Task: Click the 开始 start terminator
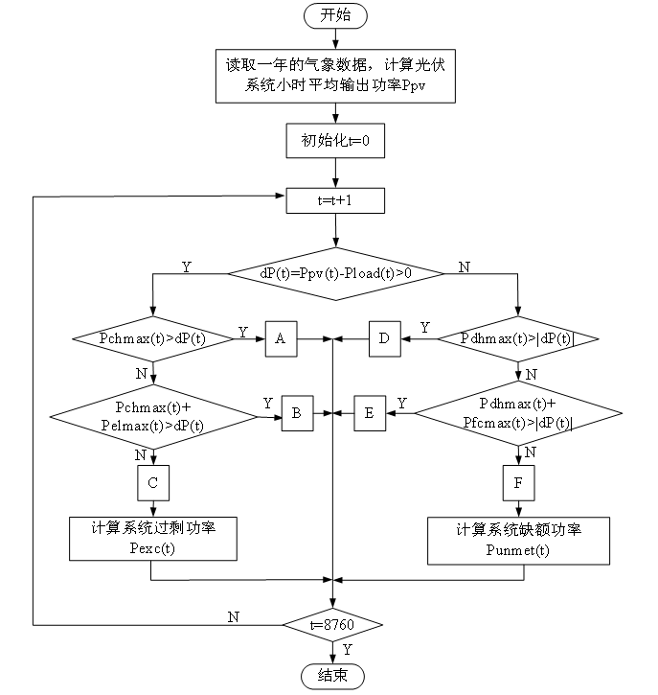pos(334,16)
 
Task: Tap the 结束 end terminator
pos(334,676)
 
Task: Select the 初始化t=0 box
pos(334,143)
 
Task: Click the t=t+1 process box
pos(334,200)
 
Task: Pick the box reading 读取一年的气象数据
pos(334,77)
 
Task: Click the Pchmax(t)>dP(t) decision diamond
pos(152,338)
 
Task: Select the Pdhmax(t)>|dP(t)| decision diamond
pos(517,338)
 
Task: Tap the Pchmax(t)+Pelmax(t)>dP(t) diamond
pos(152,414)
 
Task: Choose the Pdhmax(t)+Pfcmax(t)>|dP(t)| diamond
pos(517,414)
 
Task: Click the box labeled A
pos(280,338)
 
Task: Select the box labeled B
pos(296,414)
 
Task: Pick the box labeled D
pos(384,338)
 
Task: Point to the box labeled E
pos(369,414)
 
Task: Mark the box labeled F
pos(518,483)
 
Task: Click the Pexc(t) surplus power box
pos(152,539)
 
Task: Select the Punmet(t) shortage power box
pos(518,542)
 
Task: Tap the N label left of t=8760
pos(233,616)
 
